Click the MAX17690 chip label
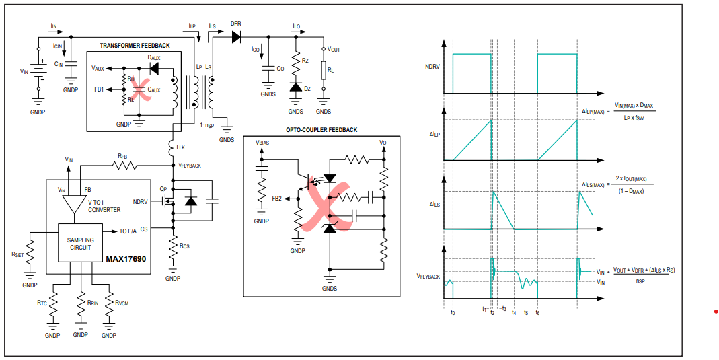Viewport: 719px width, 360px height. (126, 259)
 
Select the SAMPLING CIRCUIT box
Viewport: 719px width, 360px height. (80, 243)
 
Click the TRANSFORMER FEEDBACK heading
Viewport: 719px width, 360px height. (135, 46)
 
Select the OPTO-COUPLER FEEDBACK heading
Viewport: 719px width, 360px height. (321, 131)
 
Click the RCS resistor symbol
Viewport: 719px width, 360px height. (173, 248)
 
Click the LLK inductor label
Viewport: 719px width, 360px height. (182, 147)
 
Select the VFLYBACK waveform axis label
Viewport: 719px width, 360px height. (428, 276)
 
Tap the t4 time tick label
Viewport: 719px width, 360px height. (514, 313)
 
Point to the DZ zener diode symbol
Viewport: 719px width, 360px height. (295, 87)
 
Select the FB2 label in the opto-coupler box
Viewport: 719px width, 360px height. (277, 198)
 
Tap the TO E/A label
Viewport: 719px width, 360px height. (128, 231)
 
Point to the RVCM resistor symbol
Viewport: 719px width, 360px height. (109, 305)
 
